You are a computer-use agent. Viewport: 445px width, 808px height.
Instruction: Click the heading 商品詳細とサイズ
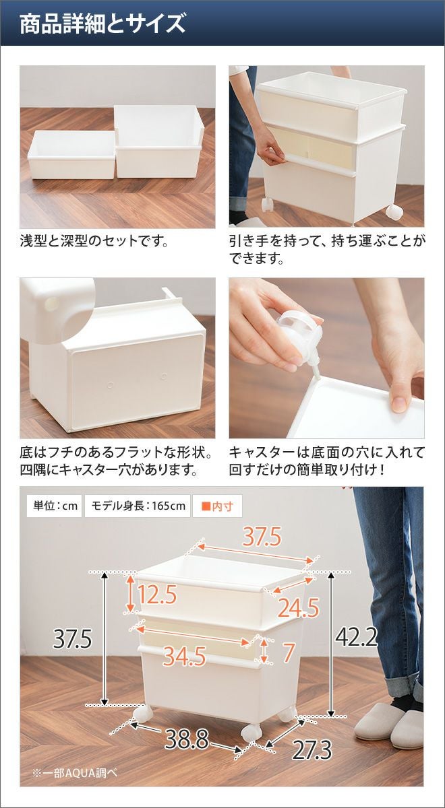(x=102, y=24)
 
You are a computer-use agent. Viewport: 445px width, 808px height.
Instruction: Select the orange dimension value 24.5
(x=298, y=607)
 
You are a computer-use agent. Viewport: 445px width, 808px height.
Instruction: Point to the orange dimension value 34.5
(x=184, y=656)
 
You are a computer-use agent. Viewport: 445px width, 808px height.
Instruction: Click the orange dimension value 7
(x=288, y=652)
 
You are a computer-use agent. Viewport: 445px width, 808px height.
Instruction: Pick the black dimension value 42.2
(x=357, y=637)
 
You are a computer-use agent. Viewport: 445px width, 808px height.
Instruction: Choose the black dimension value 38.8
(x=187, y=739)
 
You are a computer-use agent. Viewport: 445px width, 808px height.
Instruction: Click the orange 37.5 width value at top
(x=262, y=537)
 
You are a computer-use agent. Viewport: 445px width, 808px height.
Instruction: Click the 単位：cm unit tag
(x=55, y=506)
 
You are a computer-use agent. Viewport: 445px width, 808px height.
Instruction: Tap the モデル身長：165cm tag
(x=138, y=506)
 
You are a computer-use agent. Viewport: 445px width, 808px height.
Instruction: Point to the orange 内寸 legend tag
(x=217, y=506)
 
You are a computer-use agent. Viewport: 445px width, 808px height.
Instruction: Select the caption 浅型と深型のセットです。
(x=94, y=241)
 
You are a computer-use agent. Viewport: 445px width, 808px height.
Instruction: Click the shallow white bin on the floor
(x=71, y=155)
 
